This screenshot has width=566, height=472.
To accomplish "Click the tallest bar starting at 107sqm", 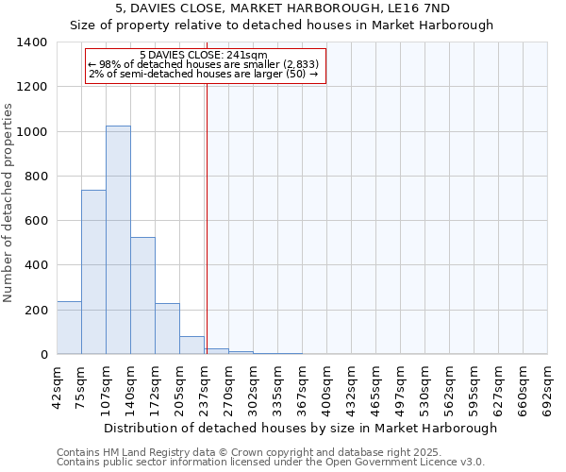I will tap(118, 240).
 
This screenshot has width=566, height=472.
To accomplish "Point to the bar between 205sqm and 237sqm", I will tap(191, 346).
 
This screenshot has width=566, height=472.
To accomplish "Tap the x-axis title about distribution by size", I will tap(300, 428).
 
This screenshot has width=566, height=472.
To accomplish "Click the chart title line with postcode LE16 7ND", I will tap(282, 8).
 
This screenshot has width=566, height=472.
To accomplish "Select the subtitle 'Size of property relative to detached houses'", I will tap(282, 25).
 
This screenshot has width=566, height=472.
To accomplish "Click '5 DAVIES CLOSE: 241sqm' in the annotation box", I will tap(203, 55).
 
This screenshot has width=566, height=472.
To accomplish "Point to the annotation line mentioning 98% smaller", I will tap(203, 64).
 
